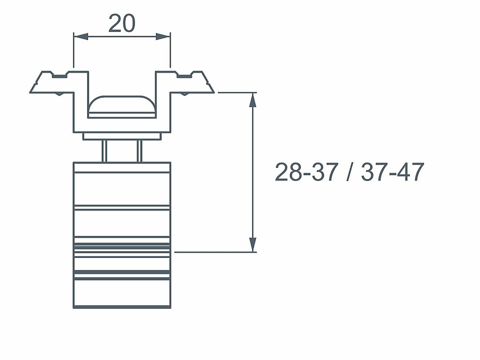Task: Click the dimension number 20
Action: click(121, 23)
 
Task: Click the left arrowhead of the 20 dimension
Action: click(81, 36)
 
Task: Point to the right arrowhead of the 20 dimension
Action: click(163, 36)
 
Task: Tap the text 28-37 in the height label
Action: click(306, 172)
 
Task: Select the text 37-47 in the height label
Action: click(393, 172)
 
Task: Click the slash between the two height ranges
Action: click(350, 172)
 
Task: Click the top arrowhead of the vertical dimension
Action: click(253, 99)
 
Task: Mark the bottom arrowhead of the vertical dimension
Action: click(253, 245)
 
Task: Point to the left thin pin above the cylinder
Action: click(105, 151)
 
